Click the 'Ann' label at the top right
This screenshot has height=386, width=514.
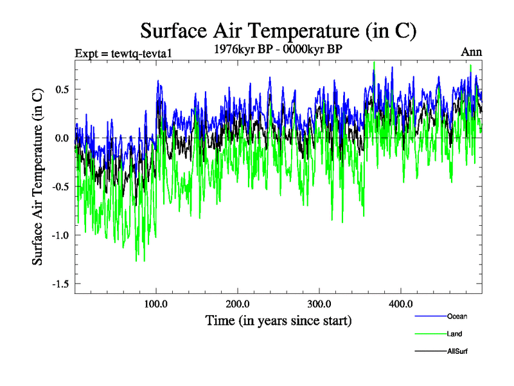(471, 52)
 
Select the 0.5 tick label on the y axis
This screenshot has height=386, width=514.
(61, 89)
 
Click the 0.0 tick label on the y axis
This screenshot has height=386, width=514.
(61, 138)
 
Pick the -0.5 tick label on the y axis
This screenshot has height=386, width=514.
(59, 187)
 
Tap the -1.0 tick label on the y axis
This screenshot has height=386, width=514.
(59, 235)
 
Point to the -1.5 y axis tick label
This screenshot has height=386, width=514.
(59, 284)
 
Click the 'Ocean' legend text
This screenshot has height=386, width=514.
(457, 316)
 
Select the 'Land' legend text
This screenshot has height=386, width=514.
(455, 334)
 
